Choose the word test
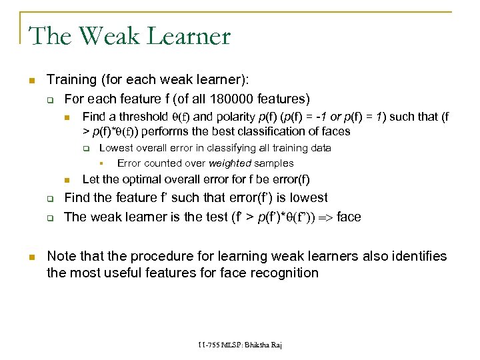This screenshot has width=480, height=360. [x=204, y=217]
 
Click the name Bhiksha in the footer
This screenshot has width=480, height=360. [x=254, y=346]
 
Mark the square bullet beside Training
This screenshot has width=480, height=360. [x=31, y=81]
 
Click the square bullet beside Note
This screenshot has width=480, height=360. [x=31, y=257]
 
